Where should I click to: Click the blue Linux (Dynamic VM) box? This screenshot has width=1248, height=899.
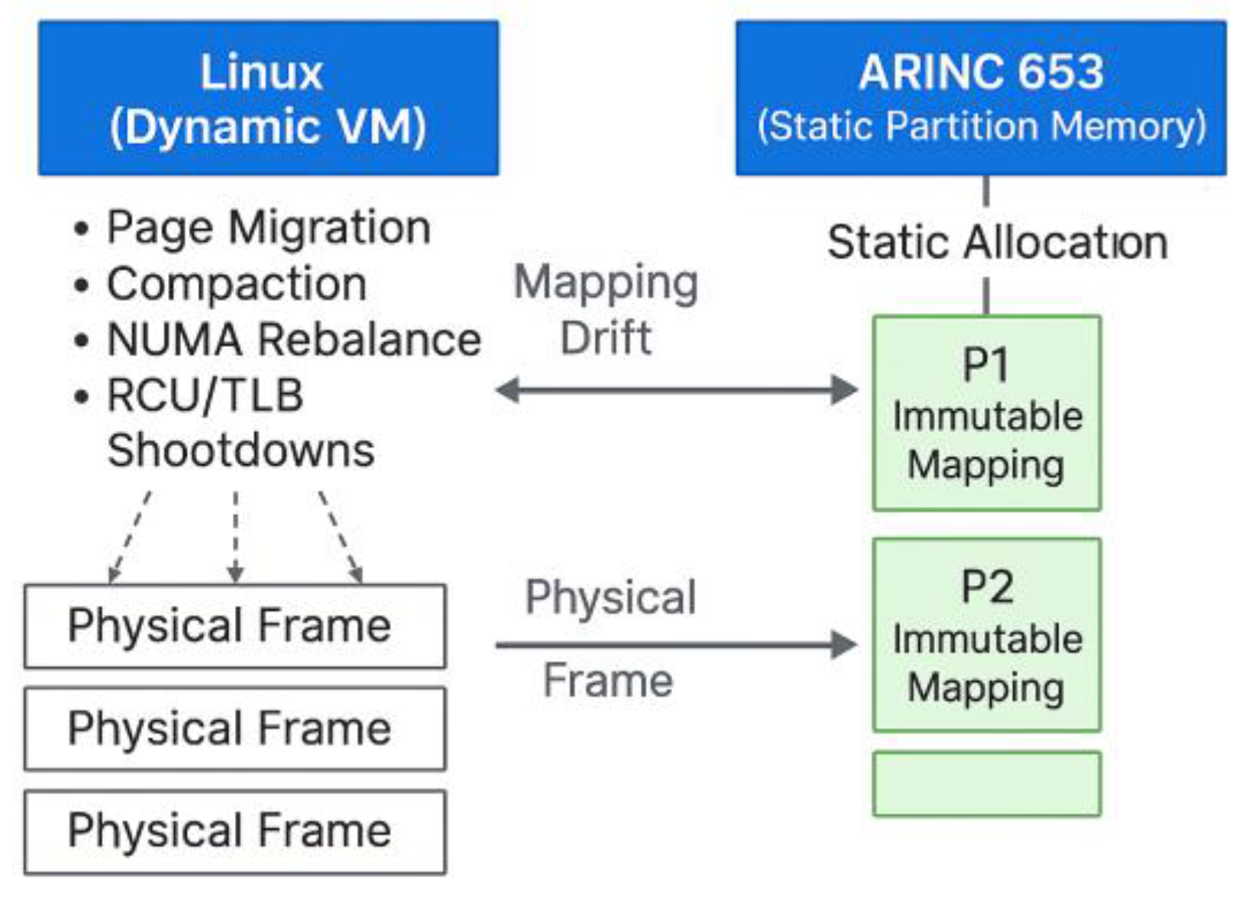point(268,98)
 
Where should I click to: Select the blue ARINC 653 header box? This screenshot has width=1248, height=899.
point(980,98)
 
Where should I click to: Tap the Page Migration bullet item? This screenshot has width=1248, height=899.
point(268,227)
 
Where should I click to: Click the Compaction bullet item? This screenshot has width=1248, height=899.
point(236,284)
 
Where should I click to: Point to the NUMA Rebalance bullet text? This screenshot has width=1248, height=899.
point(293,339)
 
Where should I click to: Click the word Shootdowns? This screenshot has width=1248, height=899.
point(240,450)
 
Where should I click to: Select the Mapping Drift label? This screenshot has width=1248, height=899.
point(606,309)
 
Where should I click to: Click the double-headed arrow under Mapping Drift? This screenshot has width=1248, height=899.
point(675,390)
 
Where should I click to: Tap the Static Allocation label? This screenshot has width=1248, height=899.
point(996,243)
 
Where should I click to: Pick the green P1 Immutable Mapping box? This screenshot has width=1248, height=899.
point(986,413)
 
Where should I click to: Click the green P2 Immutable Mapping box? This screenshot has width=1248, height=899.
point(986,635)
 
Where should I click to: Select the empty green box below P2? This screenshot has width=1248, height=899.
point(986,783)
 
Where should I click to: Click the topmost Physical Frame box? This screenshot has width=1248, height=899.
point(234,626)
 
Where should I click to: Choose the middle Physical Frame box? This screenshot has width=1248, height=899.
point(234,729)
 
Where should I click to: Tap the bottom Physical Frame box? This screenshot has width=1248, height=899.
point(234,831)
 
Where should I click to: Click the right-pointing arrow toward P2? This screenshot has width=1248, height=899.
point(675,644)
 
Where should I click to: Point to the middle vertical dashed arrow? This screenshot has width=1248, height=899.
point(236,536)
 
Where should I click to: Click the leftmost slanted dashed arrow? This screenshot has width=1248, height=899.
point(130,536)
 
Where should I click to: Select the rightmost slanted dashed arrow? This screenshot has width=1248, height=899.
point(340,536)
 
